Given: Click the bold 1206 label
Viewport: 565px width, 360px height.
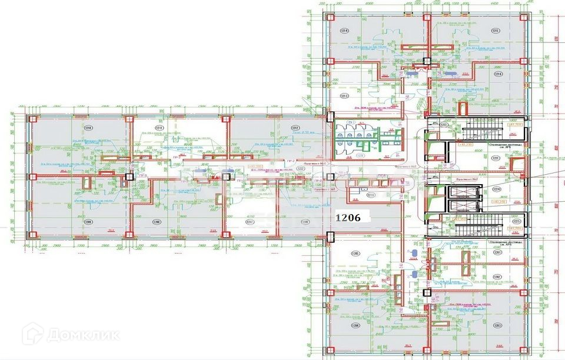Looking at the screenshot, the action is click(351, 216).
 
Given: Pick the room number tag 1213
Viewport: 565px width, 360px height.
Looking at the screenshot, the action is click(343, 96).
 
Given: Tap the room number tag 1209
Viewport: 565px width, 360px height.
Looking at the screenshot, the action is click(88, 222).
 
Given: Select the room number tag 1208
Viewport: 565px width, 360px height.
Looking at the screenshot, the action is click(156, 222).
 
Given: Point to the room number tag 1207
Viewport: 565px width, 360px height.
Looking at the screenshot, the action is click(250, 222).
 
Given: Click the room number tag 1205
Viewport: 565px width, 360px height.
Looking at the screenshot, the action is click(354, 254).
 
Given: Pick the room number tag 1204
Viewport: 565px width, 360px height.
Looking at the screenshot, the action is click(355, 325).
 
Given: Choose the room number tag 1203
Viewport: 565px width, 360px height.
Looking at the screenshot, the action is click(497, 325).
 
